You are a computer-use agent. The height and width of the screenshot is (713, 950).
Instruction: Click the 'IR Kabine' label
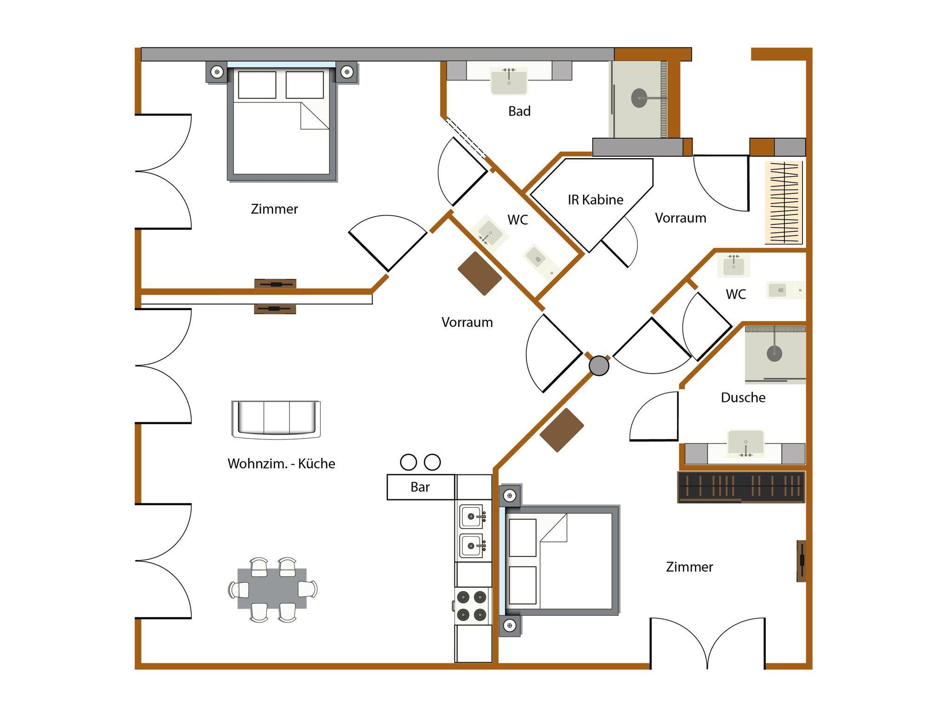click(595, 200)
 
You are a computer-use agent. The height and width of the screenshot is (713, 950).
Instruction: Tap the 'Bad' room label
click(519, 111)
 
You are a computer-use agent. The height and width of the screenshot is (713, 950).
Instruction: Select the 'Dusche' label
click(743, 398)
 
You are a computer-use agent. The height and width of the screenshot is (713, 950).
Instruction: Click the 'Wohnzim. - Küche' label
click(281, 464)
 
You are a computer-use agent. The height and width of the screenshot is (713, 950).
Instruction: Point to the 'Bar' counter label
click(420, 487)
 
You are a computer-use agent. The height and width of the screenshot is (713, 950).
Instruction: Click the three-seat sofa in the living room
click(276, 420)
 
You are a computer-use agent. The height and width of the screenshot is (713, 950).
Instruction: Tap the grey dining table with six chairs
click(272, 589)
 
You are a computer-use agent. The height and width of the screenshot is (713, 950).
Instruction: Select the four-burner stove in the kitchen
click(472, 605)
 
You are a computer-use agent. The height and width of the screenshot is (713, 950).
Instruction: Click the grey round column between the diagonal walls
click(599, 366)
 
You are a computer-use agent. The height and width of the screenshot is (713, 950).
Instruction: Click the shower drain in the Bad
click(639, 98)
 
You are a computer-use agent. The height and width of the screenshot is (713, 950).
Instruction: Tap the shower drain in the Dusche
click(774, 354)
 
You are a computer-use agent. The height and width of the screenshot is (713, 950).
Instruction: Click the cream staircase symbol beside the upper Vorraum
click(783, 203)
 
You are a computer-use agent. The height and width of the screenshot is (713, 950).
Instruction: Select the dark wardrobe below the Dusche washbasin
click(741, 487)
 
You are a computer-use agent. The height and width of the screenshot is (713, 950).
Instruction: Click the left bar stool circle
click(408, 462)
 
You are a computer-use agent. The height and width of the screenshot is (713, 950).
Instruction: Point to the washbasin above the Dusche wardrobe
click(745, 444)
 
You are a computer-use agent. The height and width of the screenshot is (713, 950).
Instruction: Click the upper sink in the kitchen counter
click(472, 516)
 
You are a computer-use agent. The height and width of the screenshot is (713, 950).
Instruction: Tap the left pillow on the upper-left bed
click(257, 85)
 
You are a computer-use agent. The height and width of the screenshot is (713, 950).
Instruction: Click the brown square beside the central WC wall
click(480, 274)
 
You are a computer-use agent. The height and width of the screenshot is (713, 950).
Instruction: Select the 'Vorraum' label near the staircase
click(680, 218)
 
